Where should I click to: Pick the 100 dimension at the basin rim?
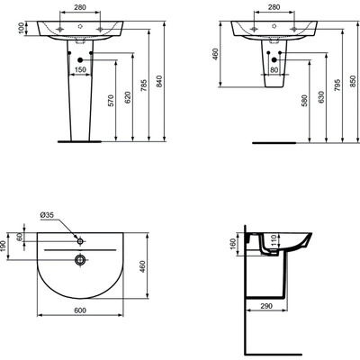point(10,30)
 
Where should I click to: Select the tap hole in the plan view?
point(80,240)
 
